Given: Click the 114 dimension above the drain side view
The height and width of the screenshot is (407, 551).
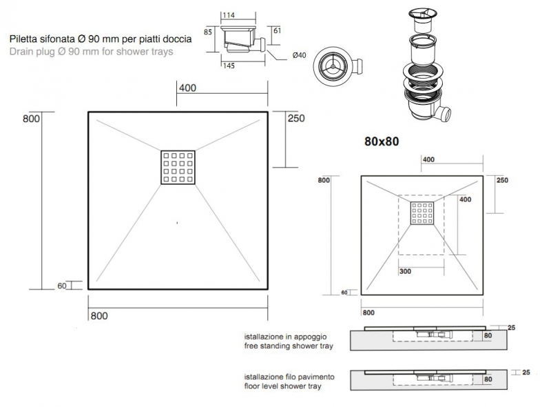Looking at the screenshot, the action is (x=229, y=15).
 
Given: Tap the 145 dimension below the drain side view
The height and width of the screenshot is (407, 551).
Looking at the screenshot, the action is (x=229, y=66).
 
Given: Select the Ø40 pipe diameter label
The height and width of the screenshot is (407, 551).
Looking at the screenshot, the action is (x=299, y=55).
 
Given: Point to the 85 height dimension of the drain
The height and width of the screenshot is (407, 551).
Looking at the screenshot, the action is (x=208, y=32).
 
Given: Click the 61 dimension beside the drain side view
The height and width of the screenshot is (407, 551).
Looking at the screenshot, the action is (x=278, y=30).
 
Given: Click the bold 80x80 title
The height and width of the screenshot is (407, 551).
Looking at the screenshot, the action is (x=382, y=141).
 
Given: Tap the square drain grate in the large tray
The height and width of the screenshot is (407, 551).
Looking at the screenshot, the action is (x=178, y=168).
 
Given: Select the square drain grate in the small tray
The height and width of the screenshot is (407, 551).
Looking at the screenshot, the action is (x=422, y=213).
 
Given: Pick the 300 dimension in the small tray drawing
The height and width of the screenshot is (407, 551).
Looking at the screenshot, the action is (x=405, y=272).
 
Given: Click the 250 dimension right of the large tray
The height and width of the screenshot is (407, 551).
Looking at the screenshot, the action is (x=296, y=118).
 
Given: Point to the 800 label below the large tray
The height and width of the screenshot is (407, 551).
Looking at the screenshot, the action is (x=99, y=316).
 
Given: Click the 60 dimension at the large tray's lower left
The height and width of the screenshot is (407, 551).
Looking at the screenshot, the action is (x=62, y=286).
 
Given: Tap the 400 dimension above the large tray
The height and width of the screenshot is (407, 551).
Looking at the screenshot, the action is (x=187, y=88).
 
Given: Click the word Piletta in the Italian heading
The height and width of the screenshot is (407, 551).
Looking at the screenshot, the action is (x=24, y=39).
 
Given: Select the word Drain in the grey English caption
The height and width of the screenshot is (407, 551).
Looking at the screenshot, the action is (x=21, y=52).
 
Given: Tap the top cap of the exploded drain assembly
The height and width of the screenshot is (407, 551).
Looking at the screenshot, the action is (x=422, y=14).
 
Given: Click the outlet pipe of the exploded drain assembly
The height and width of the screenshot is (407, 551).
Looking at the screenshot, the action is (x=443, y=114).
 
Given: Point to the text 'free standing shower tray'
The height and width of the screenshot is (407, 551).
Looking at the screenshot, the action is (x=289, y=346).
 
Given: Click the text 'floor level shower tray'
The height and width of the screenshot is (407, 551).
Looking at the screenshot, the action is (x=283, y=386).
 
